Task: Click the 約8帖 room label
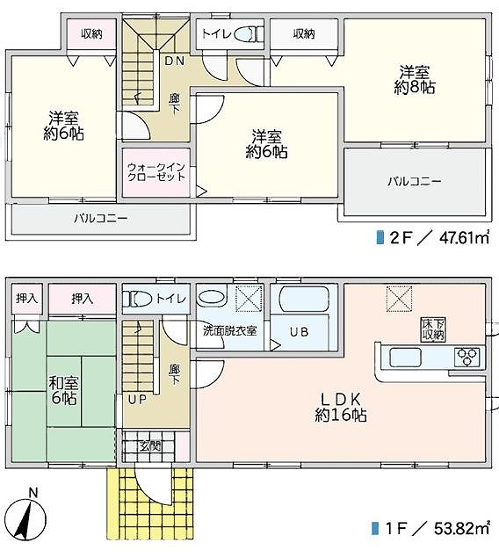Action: (415, 87)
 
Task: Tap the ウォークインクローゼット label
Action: (156, 172)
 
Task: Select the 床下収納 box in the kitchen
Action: (433, 329)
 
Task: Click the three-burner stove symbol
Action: (467, 357)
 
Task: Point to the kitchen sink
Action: (405, 357)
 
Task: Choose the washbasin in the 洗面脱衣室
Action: (212, 298)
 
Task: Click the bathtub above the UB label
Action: (304, 300)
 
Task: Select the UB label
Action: (299, 332)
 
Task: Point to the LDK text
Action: (341, 400)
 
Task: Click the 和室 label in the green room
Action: (63, 383)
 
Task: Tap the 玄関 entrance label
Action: (150, 446)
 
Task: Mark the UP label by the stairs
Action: (137, 400)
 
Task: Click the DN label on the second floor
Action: (175, 61)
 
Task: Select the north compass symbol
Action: (26, 517)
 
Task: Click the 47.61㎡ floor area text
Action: (465, 238)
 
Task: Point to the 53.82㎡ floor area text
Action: (462, 528)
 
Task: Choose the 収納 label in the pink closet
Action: (91, 34)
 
